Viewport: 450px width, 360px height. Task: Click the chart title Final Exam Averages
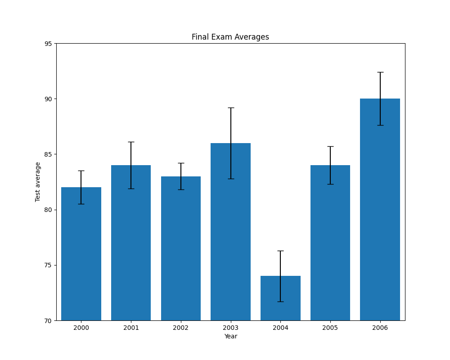[230, 37]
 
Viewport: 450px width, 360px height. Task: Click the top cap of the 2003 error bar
[231, 108]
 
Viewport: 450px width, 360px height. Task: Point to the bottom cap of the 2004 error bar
[280, 301]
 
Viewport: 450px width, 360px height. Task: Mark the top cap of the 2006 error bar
[380, 72]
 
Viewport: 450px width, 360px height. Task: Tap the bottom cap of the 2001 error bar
[131, 189]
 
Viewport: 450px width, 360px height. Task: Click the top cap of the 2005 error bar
[330, 146]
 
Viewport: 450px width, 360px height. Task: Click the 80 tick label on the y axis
[48, 210]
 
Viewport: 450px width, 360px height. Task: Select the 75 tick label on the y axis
[48, 265]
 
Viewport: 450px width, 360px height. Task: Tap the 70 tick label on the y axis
[48, 320]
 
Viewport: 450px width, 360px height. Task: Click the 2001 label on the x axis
[131, 328]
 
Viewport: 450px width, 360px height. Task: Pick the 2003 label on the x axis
[231, 328]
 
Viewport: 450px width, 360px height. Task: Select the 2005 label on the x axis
[330, 328]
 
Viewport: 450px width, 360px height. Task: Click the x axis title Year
[230, 336]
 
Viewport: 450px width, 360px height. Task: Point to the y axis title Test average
[38, 182]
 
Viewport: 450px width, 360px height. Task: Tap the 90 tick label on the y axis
[48, 99]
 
